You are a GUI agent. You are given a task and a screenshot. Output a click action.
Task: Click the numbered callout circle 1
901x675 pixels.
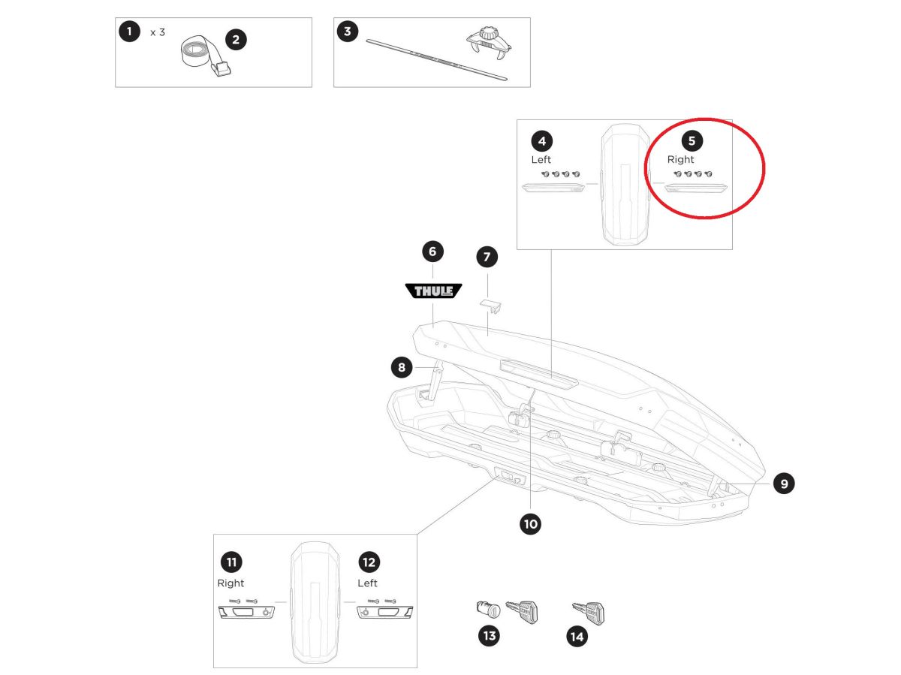point(130,32)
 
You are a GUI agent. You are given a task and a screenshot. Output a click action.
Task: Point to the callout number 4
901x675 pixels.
point(541,140)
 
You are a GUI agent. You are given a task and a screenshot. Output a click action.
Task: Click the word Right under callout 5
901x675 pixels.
point(680,160)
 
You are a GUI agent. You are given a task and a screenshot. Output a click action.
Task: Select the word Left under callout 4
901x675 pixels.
point(541,160)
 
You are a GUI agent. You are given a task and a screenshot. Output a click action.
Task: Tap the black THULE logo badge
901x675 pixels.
point(433,291)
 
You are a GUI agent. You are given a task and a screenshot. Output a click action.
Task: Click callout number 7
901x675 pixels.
point(487,258)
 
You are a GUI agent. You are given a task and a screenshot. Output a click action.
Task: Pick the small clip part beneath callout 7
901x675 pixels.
point(490,304)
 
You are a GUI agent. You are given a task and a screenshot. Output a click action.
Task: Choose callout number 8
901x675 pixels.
point(402,367)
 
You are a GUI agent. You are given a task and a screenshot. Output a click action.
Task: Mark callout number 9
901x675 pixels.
point(783,484)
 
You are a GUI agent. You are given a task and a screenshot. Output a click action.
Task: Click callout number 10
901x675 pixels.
point(531,524)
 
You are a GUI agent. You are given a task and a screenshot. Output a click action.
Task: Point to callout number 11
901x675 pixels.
point(231,562)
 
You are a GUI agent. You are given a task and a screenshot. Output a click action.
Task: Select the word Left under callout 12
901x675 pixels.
point(368,583)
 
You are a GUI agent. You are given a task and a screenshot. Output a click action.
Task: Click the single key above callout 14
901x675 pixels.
point(589,611)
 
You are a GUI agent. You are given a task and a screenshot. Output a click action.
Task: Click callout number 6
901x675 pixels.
point(432,252)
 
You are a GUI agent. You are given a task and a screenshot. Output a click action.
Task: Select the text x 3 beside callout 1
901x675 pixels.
point(158,32)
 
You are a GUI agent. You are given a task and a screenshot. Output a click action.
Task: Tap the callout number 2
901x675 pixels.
point(236,40)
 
